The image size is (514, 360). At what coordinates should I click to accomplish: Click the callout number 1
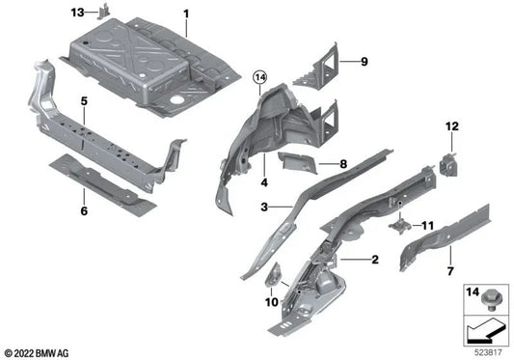(x=187, y=13)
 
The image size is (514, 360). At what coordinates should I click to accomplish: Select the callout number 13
(x=77, y=13)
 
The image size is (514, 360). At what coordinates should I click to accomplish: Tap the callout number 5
(x=84, y=100)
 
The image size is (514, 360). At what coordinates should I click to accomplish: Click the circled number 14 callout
(x=259, y=76)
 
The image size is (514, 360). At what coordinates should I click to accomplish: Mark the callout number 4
(x=263, y=180)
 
